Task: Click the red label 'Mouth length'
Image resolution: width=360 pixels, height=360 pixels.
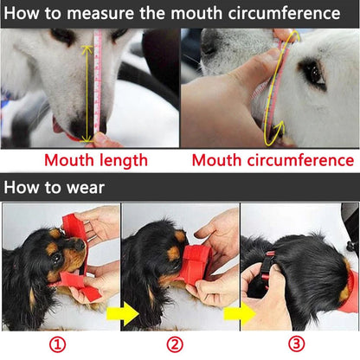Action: (x=95, y=160)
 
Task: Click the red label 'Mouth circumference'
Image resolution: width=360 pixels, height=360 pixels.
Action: (x=273, y=160)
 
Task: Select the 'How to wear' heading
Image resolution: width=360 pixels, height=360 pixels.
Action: (x=55, y=188)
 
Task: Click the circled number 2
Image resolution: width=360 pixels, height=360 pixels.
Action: (x=175, y=344)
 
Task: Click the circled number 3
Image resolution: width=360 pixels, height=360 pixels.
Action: (x=297, y=344)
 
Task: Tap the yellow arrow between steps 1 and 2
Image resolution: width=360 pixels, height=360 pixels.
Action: (x=127, y=313)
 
